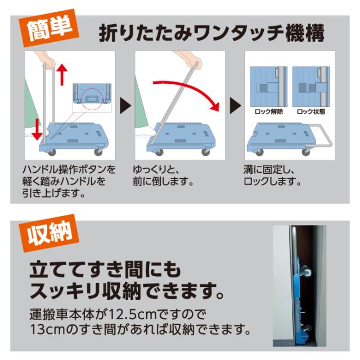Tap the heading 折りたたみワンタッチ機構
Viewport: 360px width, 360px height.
[212, 33]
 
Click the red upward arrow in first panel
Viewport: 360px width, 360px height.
[62, 74]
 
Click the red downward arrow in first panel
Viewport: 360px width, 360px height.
[37, 128]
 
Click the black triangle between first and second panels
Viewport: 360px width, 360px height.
[124, 105]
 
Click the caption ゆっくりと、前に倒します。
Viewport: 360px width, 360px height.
[163, 175]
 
